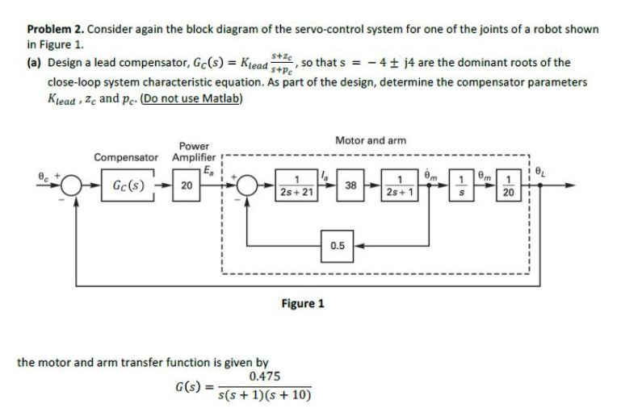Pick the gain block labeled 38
350,185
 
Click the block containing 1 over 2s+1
401,185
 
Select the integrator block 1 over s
459,185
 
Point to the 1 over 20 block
508,185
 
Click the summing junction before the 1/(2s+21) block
248,185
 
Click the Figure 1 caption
303,304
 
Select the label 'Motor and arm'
367,140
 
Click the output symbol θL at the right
543,173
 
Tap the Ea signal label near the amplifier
212,169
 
